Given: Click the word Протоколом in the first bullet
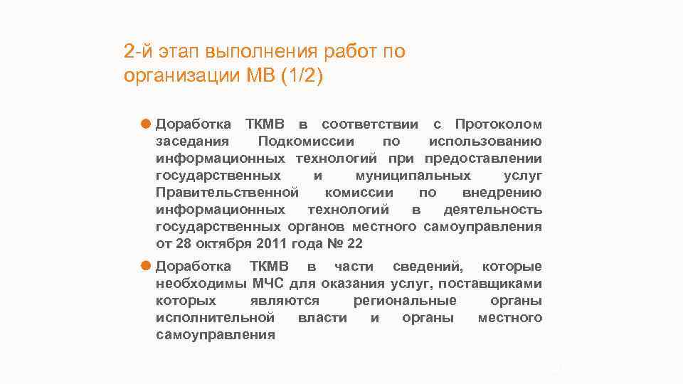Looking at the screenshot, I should point(498,124).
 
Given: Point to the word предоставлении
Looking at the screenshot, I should point(483,159).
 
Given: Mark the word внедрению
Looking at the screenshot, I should point(502,193).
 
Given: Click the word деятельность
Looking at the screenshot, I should point(492,210).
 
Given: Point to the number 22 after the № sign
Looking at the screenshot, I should point(354,245).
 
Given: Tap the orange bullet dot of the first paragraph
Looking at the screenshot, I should point(145,124).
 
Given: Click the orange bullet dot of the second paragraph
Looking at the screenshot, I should point(145,267).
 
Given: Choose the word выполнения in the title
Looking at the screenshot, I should point(261,52).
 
